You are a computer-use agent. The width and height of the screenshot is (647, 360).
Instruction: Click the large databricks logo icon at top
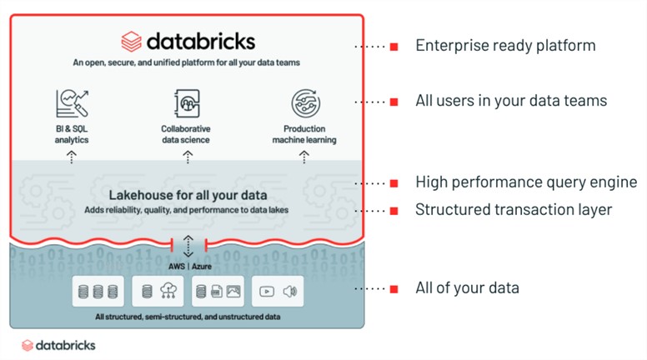[131, 42]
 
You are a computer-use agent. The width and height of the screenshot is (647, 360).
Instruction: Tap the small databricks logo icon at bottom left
[28, 345]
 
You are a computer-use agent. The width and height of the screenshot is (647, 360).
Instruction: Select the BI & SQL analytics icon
[73, 103]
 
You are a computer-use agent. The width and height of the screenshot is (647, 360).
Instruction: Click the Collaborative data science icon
[188, 103]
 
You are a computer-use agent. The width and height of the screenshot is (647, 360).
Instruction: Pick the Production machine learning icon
[305, 103]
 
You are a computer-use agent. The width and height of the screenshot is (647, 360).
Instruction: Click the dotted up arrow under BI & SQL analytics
[72, 157]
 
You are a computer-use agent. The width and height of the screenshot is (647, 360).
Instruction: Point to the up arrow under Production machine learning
[304, 157]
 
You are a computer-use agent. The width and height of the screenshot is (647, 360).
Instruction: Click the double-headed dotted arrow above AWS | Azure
[188, 246]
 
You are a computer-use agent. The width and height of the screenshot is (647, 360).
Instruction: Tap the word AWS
[177, 267]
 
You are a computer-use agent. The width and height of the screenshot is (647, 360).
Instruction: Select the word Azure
[202, 267]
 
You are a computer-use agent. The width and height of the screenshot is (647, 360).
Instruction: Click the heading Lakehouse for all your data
[188, 195]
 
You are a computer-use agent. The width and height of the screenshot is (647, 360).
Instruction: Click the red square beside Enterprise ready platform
[394, 47]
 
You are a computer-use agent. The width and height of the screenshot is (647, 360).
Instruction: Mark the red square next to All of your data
[394, 289]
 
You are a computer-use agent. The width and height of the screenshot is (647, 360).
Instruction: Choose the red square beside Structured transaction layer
[394, 211]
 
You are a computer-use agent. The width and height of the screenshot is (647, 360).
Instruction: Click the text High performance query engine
[526, 182]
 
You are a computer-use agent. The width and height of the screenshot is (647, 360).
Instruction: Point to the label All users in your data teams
[511, 101]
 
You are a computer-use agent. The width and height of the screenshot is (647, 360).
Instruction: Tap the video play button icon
[267, 292]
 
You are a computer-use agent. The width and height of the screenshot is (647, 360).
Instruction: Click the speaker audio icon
[289, 292]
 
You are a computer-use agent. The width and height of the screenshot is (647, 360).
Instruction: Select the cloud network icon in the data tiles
[168, 291]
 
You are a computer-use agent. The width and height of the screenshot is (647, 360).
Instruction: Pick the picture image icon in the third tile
[233, 292]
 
